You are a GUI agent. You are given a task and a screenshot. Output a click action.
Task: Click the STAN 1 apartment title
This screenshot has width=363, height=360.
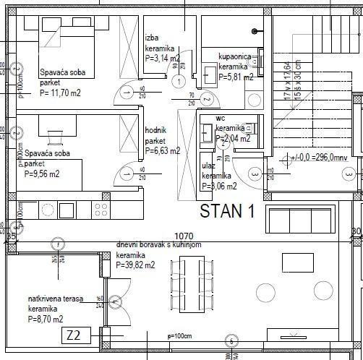pyautogui.click(x=227, y=212)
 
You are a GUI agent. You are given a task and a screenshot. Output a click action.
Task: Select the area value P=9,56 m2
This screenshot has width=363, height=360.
pyautogui.click(x=42, y=173)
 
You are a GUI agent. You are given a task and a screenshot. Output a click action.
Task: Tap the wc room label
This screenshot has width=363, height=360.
pyautogui.click(x=220, y=118)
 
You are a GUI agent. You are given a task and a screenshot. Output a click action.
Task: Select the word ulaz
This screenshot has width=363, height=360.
pyautogui.click(x=208, y=166)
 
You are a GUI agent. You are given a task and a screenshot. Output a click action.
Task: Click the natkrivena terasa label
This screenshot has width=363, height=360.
pyautogui.click(x=55, y=299)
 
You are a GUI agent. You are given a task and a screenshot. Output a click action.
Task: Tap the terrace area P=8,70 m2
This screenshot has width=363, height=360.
pyautogui.click(x=46, y=319)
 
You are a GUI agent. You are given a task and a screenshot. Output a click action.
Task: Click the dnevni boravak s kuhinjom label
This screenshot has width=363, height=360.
pyautogui.click(x=160, y=246)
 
